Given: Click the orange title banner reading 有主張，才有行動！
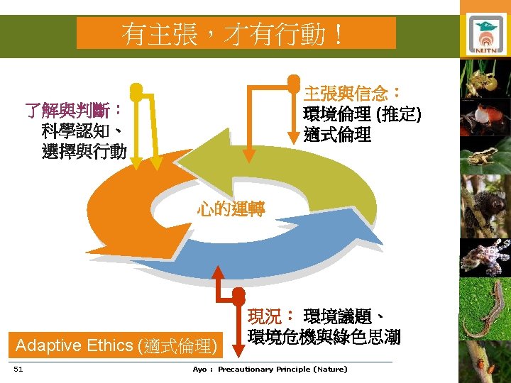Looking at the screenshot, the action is (x=236, y=33).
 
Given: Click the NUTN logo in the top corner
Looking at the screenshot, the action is (x=486, y=31).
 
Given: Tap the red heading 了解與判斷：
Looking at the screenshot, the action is (x=73, y=111).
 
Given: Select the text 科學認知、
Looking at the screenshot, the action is (x=84, y=131).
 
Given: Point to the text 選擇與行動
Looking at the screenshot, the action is (x=84, y=151).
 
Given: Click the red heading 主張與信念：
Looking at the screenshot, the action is (x=353, y=93).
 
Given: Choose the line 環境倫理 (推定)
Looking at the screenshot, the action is (x=362, y=113).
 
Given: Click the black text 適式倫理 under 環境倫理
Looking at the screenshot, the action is (x=337, y=134).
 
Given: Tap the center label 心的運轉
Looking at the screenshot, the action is (x=231, y=209).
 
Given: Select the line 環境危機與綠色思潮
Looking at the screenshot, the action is (x=324, y=337).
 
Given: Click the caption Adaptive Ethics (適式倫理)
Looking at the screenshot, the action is (x=115, y=346).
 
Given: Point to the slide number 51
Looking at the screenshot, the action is (x=18, y=369).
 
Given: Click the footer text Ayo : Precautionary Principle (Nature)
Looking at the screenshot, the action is (x=270, y=369).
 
